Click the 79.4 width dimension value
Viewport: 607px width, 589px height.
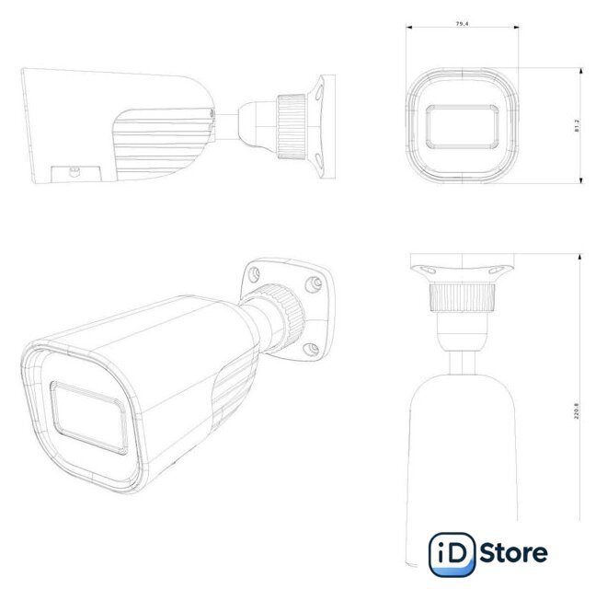(x=462, y=24)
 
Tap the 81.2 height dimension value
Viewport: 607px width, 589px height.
(x=577, y=126)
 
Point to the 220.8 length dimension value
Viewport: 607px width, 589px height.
(x=576, y=411)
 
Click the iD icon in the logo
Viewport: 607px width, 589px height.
(x=452, y=554)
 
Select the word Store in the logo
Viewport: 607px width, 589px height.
(x=514, y=553)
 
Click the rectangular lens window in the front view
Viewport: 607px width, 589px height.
(x=463, y=126)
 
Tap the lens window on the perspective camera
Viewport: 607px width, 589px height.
(x=88, y=418)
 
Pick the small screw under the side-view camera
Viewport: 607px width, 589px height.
(x=74, y=171)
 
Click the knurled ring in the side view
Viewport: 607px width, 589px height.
(x=292, y=126)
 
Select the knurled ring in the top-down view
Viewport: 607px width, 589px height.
(x=463, y=297)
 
